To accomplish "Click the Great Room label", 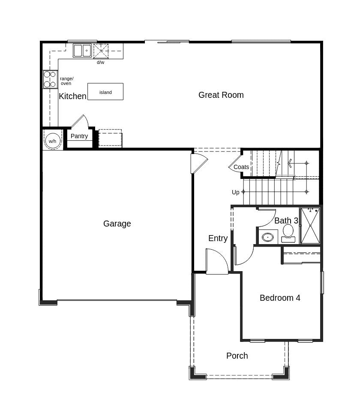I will coord(221,95).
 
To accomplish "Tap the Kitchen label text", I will coord(72,96).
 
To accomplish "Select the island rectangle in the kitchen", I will coord(105,92).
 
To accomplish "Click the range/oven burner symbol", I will coord(50,79).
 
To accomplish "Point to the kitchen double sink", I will coord(82,51).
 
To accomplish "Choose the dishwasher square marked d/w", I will coord(101,51).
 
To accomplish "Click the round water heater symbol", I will coord(52,141).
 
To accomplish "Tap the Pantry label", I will coord(79,136).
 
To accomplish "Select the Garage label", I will coord(117,224).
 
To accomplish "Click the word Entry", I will coord(218,239).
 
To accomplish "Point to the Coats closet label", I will coord(241,167).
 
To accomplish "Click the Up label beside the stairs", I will coord(236,192).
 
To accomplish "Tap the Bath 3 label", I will coord(286,221).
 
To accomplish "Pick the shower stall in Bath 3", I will coord(310,226).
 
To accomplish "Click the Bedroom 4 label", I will coord(280,298).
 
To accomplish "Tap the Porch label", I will coord(237,356).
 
